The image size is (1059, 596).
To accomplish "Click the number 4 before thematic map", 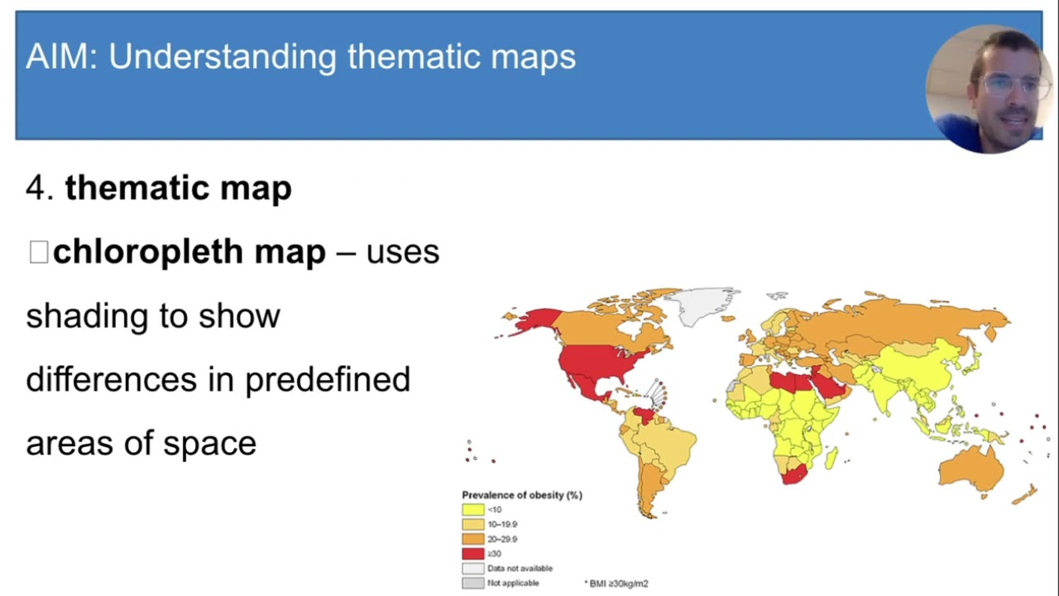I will tap(38, 188).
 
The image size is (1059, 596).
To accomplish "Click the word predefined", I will tap(328, 379).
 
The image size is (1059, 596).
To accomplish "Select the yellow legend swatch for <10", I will tap(473, 510).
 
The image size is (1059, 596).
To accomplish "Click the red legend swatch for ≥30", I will tap(473, 554).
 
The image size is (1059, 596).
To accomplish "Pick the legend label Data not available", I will tap(520, 569).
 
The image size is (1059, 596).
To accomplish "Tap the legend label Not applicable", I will tap(513, 583).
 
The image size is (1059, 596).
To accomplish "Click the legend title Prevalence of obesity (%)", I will tap(522, 495).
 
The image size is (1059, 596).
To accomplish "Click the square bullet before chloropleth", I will tap(38, 252).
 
